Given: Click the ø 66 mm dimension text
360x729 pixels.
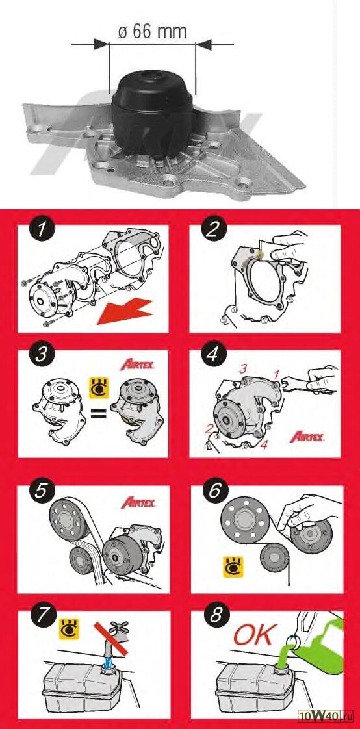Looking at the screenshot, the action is (153, 32).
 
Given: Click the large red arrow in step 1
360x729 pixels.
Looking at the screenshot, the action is (125, 312).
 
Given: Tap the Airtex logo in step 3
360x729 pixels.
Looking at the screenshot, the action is (138, 364).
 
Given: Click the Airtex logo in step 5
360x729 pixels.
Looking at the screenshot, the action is (138, 503).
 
